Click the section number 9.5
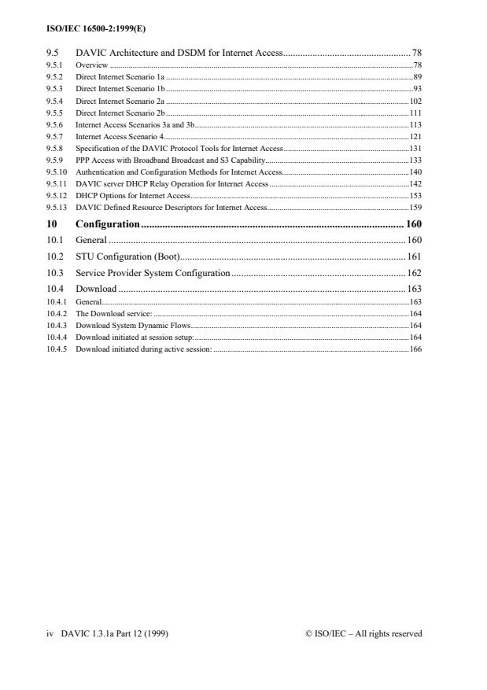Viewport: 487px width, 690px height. (53, 53)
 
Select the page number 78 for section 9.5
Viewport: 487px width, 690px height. (417, 53)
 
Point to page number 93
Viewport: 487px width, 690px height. (418, 88)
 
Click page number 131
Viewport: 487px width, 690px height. (415, 147)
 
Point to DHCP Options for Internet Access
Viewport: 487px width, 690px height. (133, 196)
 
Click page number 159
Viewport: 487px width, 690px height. (415, 207)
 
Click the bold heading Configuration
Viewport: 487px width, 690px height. (107, 224)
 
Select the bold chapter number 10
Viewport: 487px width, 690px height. (53, 224)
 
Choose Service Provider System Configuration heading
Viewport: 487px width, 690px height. (153, 272)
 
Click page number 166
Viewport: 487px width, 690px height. (415, 349)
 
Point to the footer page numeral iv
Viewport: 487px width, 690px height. (50, 633)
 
